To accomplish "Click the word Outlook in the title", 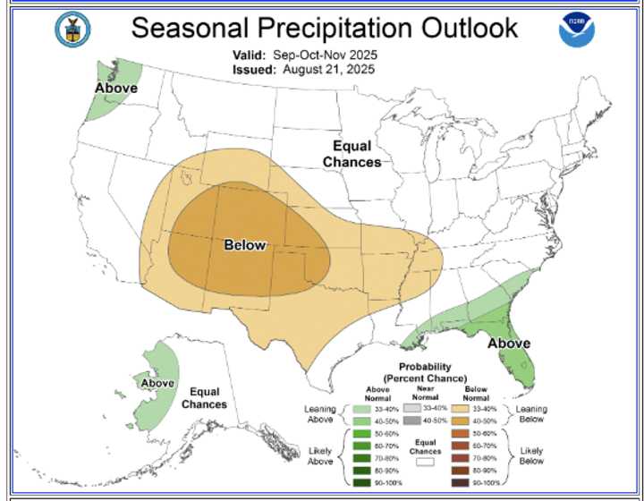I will tap(462, 28).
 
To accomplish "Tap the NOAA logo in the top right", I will tap(576, 30).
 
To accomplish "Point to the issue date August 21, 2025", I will tap(330, 69).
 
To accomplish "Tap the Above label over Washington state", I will tap(116, 88).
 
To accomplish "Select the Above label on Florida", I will tap(508, 343).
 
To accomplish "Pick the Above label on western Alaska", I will tap(157, 383).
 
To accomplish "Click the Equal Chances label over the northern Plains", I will tap(352, 154).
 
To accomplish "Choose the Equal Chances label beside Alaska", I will tap(205, 398).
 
